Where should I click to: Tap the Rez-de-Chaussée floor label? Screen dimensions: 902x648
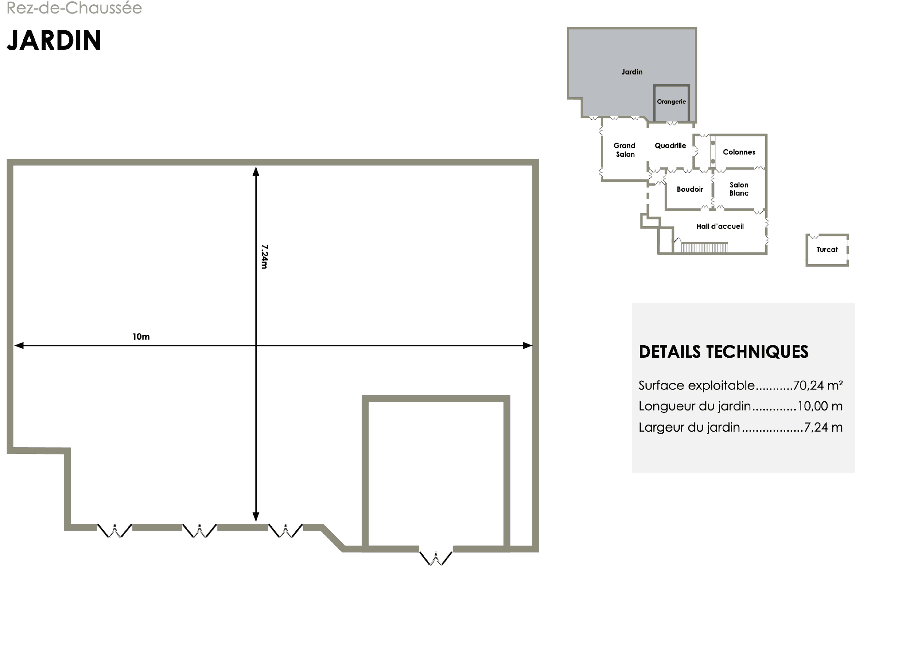coord(74,8)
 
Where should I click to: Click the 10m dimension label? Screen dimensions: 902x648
coord(141,337)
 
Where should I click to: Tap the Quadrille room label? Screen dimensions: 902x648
coord(671,146)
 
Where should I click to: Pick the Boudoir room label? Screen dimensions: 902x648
coord(690,189)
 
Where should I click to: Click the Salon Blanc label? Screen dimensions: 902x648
coord(739,189)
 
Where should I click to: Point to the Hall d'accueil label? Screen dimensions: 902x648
coord(720,226)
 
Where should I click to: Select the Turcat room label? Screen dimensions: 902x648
coord(827,250)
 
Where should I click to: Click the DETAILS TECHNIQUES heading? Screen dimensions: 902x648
coord(723,352)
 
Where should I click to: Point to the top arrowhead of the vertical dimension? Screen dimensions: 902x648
coord(256,171)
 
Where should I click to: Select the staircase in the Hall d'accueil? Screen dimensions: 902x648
coord(704,247)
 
